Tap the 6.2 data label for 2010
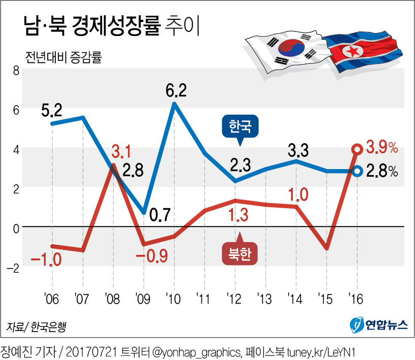[x=176, y=91]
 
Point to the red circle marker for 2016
[x=357, y=149]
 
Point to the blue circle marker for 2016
[x=357, y=171]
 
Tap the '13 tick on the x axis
[x=265, y=297]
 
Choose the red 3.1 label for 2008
[x=122, y=151]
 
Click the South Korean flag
[x=287, y=50]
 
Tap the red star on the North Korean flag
[x=350, y=51]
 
